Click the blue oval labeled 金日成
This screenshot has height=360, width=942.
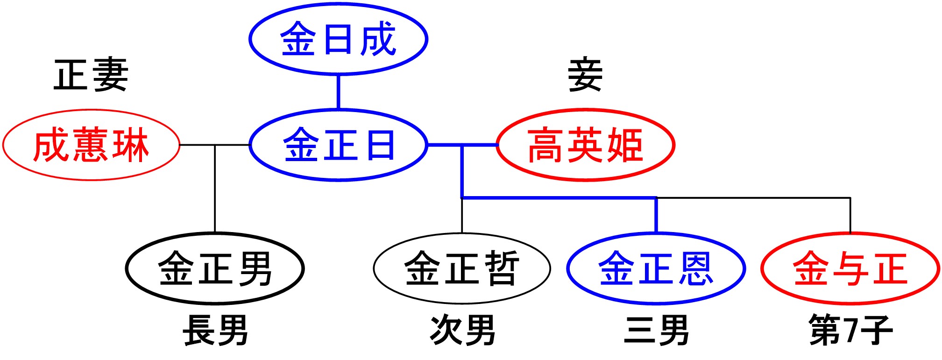pyautogui.click(x=338, y=39)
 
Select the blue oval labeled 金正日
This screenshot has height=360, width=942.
pyautogui.click(x=338, y=145)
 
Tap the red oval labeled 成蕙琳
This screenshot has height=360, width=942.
pyautogui.click(x=91, y=145)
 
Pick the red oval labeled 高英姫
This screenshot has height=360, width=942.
pyautogui.click(x=585, y=145)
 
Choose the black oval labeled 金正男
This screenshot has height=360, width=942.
pyautogui.click(x=215, y=268)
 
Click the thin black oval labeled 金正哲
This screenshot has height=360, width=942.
pyautogui.click(x=462, y=268)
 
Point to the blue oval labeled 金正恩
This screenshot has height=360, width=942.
pyautogui.click(x=656, y=268)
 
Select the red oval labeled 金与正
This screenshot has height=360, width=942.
pyautogui.click(x=850, y=268)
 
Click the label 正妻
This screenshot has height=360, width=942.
pyautogui.click(x=91, y=75)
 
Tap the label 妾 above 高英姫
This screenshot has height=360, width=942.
pyautogui.click(x=585, y=75)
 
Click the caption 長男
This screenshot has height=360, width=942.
pyautogui.click(x=215, y=330)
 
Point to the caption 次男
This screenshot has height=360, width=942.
pyautogui.click(x=462, y=330)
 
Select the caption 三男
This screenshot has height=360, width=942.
pyautogui.click(x=656, y=330)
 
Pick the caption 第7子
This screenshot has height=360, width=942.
pyautogui.click(x=850, y=330)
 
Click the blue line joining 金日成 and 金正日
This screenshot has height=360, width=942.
pyautogui.click(x=338, y=92)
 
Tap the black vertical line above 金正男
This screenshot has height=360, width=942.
pyautogui.click(x=215, y=189)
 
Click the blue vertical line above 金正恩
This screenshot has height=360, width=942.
pyautogui.click(x=656, y=215)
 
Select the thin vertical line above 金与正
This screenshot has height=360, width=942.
pyautogui.click(x=850, y=215)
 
